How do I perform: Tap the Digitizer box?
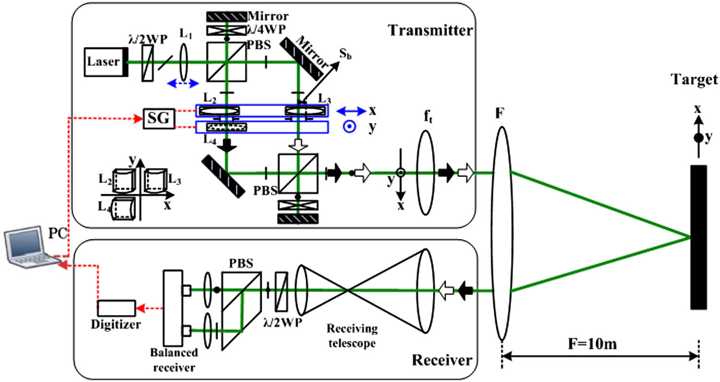117,308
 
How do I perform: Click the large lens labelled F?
501,235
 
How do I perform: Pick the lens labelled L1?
183,62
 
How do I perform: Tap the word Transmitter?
431,30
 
